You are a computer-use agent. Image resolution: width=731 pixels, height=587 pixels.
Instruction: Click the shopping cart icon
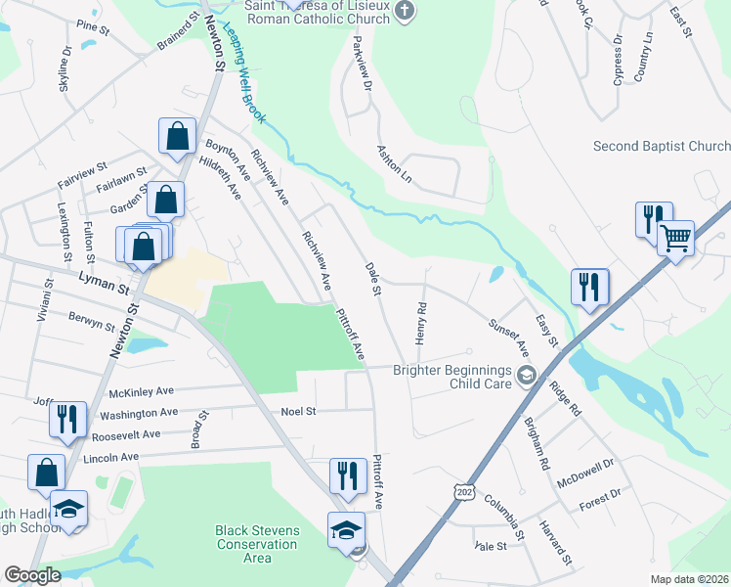pyautogui.click(x=676, y=237)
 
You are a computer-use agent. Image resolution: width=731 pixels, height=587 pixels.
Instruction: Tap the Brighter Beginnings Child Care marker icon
pyautogui.click(x=527, y=375)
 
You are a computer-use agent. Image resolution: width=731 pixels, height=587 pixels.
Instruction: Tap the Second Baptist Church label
pyautogui.click(x=662, y=146)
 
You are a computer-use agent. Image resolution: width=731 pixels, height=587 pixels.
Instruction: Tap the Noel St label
pyautogui.click(x=299, y=412)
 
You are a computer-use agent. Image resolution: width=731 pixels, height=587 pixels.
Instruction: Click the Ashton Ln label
pyautogui.click(x=395, y=163)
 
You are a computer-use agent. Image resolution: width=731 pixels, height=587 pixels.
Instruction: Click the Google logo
pyautogui.click(x=32, y=574)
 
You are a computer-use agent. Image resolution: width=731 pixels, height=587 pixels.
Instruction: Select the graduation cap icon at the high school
pyautogui.click(x=68, y=509)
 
